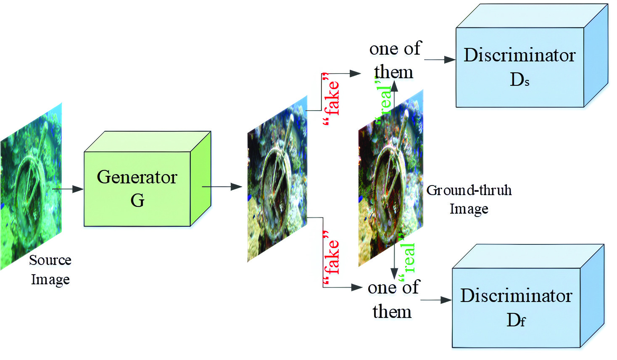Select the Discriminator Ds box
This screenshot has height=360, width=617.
coord(520,67)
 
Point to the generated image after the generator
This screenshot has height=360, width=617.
coord(277,179)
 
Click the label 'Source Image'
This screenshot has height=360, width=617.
coord(50,270)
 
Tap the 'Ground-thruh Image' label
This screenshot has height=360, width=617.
coord(469,199)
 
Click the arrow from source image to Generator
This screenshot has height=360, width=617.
coord(68,189)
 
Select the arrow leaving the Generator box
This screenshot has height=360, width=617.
coord(222,187)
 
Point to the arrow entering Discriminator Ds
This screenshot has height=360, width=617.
coord(440,60)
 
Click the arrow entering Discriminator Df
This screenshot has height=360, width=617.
coord(436,300)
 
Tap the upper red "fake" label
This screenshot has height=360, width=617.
coord(332,99)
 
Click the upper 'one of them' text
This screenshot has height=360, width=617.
coord(395,60)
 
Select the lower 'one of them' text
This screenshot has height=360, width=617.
coord(393,299)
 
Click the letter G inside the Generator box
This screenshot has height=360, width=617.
coord(137,200)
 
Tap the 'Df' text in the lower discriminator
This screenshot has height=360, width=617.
coord(516,320)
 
